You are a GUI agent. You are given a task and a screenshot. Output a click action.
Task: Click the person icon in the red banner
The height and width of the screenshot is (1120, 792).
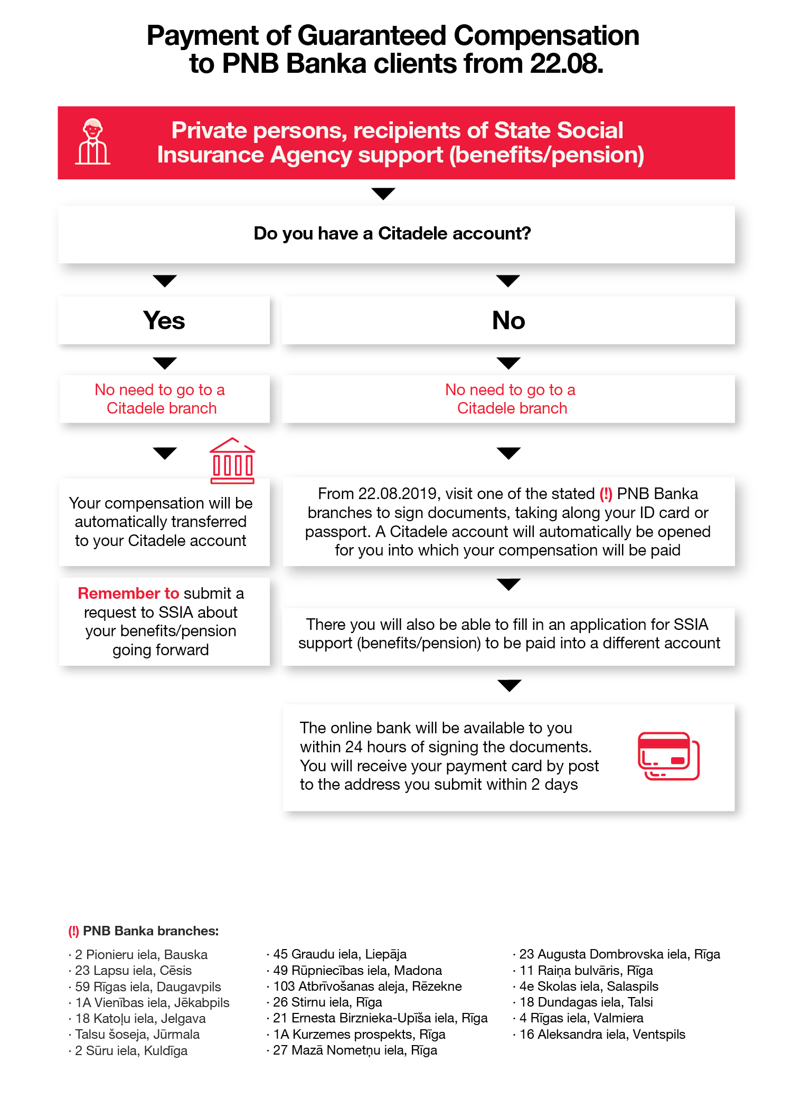[x=93, y=142]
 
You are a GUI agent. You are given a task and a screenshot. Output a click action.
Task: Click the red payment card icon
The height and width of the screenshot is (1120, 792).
[x=668, y=755]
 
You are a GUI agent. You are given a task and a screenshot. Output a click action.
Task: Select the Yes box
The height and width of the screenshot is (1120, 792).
[x=164, y=320]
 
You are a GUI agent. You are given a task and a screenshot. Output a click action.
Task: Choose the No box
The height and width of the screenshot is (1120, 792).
[x=508, y=320]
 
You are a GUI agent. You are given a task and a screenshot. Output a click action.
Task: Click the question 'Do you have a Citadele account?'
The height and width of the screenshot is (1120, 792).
[x=392, y=233]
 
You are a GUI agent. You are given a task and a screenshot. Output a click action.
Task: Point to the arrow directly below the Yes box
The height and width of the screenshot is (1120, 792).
[x=165, y=363]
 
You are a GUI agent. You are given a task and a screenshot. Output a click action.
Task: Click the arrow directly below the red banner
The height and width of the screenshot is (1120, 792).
[x=383, y=194]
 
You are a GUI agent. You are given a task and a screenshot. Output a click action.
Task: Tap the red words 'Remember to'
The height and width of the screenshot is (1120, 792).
[x=128, y=593]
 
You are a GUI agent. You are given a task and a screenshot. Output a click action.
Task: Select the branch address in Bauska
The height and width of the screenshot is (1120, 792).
[x=141, y=954]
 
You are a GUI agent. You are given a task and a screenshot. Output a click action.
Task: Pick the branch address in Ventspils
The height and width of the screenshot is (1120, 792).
[x=602, y=1034]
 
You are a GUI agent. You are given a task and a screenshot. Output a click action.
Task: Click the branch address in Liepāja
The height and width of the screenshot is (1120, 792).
[x=340, y=954]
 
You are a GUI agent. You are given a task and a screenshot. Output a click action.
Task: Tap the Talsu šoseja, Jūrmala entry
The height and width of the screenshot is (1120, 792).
[x=137, y=1034]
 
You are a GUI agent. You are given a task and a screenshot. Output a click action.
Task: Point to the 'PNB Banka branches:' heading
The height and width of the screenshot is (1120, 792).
[x=150, y=931]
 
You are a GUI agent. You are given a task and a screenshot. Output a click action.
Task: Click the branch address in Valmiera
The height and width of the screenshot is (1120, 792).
[x=581, y=1018]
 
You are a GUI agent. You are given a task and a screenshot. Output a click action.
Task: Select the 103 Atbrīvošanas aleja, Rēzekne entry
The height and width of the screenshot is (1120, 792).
[x=367, y=986]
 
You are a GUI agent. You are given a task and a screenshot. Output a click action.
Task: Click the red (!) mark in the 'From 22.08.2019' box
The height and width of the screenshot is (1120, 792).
[x=606, y=494]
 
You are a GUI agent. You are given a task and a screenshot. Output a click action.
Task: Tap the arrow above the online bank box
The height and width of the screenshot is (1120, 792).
[x=509, y=685]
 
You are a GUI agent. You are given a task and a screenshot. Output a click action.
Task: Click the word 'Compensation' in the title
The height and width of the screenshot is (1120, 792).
[x=546, y=36]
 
